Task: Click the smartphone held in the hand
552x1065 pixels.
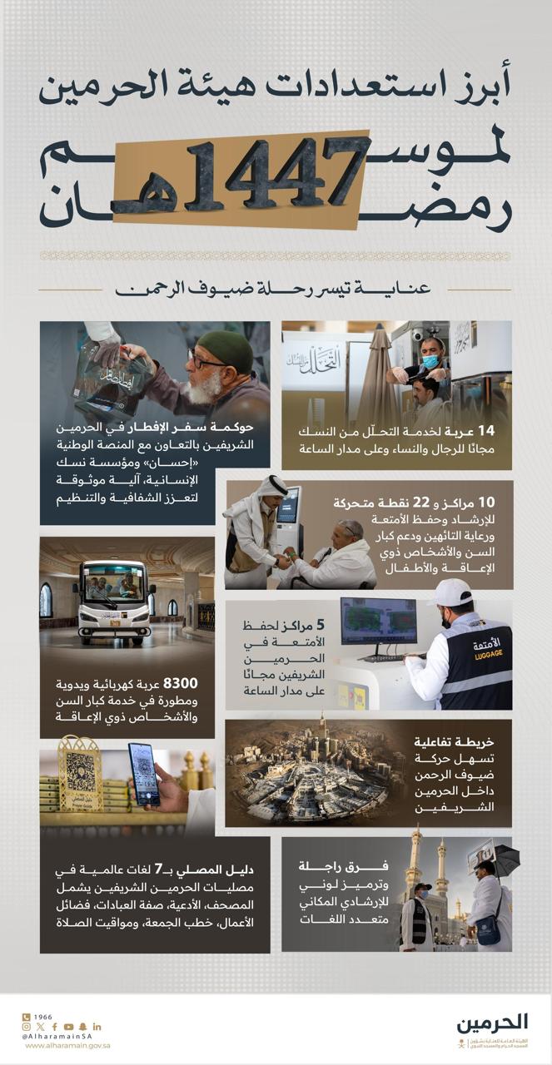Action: tap(143, 774)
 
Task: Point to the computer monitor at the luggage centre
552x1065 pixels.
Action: tap(378, 621)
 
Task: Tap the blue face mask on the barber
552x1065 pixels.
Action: tap(430, 361)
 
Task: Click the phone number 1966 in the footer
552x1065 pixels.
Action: tap(44, 1016)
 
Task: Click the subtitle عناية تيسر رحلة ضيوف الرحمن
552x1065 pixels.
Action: tap(276, 291)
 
